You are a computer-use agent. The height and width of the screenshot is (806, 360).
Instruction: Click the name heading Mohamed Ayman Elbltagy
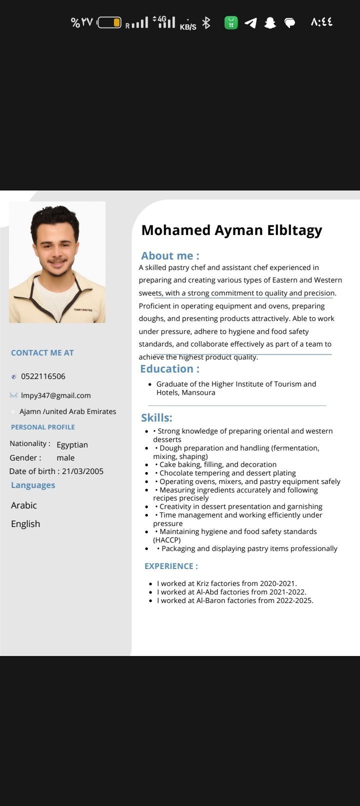tap(231, 230)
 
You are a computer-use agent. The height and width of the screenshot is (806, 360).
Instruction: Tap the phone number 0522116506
tap(43, 376)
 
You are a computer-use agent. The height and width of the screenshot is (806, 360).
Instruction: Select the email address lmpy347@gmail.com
tap(55, 395)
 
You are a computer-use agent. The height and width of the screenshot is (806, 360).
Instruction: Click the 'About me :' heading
tap(170, 256)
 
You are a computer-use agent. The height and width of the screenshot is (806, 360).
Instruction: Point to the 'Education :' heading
tap(169, 369)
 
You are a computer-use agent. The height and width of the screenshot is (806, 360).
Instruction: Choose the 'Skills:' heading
tap(156, 418)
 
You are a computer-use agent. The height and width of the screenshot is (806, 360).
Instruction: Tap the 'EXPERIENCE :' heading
tap(171, 566)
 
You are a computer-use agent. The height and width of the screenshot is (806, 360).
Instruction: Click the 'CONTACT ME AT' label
tap(42, 353)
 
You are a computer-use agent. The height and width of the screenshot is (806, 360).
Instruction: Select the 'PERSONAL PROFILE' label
tap(43, 427)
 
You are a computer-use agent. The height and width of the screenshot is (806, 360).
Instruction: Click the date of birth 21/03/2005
tap(82, 471)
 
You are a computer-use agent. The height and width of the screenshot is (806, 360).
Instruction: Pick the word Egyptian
tap(72, 444)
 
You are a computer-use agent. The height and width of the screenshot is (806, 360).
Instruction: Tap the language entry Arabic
tap(24, 505)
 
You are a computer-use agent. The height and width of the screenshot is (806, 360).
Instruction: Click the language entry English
tap(25, 524)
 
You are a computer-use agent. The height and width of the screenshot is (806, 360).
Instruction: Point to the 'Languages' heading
tap(33, 485)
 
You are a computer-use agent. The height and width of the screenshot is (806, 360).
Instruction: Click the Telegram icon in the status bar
tap(250, 22)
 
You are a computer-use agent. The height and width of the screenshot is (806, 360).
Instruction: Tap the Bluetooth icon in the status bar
tap(206, 22)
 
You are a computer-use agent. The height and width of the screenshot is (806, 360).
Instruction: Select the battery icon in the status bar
tap(109, 22)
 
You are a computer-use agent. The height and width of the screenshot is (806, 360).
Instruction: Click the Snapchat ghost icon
tap(270, 22)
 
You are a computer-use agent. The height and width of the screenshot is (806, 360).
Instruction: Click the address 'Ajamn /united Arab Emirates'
tap(67, 411)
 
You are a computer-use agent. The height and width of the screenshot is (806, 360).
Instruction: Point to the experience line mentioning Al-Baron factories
tap(235, 600)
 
